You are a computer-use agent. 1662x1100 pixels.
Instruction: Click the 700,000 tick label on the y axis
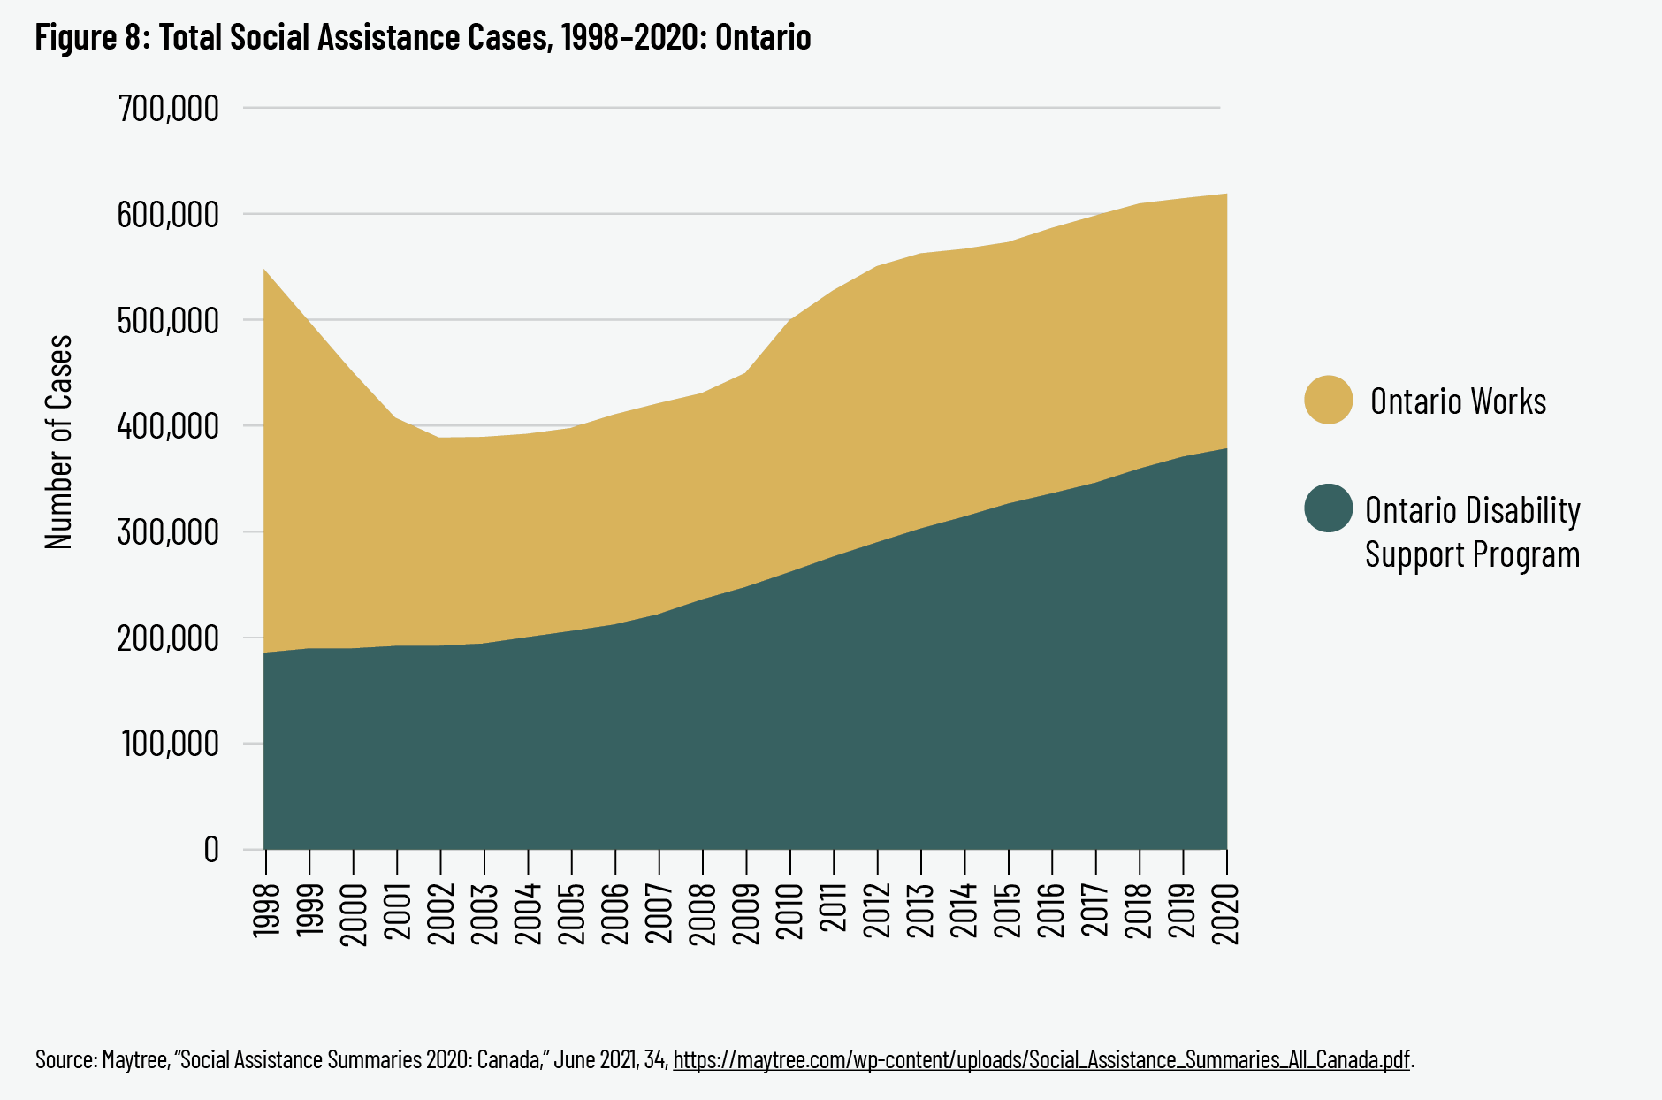point(168,109)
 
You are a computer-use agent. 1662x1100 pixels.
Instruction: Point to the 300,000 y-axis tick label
point(168,532)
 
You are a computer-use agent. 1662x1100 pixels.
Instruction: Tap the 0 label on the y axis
point(211,850)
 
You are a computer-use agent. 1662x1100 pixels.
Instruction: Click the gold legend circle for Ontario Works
point(1328,400)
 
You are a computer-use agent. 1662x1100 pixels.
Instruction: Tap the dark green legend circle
point(1328,508)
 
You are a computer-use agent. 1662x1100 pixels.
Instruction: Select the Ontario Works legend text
point(1458,401)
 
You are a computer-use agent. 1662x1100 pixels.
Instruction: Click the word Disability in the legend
point(1523,510)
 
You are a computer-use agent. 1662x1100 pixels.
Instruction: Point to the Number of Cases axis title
point(59,442)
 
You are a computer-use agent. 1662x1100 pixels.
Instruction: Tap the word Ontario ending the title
point(763,37)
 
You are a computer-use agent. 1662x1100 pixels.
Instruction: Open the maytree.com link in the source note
point(1041,1059)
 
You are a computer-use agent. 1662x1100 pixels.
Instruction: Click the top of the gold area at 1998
point(265,270)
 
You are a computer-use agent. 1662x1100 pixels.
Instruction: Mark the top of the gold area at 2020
point(1226,195)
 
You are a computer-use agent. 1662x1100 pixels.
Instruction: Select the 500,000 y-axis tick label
point(168,320)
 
